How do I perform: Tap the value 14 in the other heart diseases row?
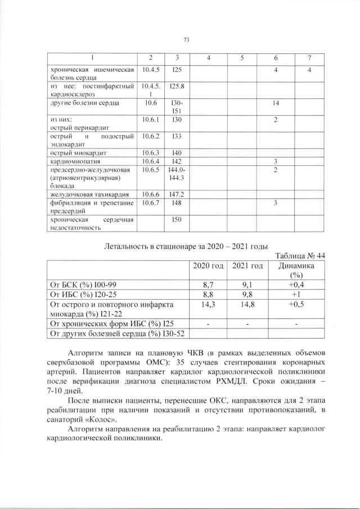[276, 103]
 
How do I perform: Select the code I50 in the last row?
[175, 219]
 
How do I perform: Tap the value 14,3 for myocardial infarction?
[208, 304]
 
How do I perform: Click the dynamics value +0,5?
[296, 304]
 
